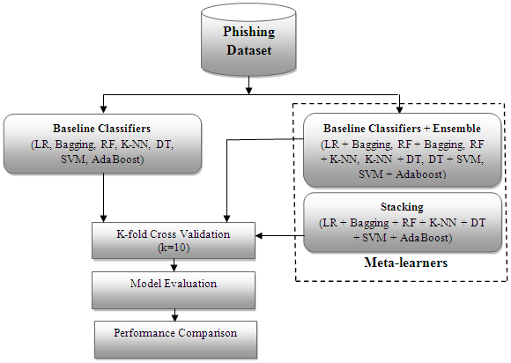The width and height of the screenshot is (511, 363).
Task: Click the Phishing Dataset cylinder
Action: tap(248, 40)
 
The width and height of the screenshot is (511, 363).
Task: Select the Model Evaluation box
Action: tap(174, 290)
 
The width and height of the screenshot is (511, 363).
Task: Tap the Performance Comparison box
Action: tap(175, 339)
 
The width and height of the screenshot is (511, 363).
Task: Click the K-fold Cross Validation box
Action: tap(174, 241)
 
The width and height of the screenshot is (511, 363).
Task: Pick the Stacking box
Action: tap(402, 223)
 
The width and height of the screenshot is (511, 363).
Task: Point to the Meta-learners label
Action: tap(406, 263)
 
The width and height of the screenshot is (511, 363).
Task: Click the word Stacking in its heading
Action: tap(402, 207)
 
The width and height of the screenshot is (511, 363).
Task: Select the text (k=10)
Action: tap(174, 248)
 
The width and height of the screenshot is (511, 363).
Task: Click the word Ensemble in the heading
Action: tap(456, 129)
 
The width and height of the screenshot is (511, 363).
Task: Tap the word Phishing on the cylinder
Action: tap(249, 33)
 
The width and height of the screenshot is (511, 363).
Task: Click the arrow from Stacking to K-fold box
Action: tap(280, 235)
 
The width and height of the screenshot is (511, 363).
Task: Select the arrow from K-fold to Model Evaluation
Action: tap(174, 265)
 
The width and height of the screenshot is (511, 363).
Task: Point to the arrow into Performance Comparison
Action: tap(175, 315)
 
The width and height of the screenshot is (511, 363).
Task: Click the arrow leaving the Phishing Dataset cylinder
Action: tap(248, 85)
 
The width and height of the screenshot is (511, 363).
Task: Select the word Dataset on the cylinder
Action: tap(249, 50)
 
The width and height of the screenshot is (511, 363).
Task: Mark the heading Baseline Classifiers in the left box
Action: tap(101, 129)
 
